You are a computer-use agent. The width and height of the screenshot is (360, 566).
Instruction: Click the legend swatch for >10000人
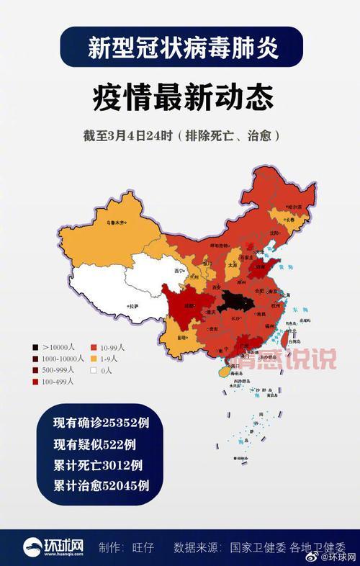pos(36,346)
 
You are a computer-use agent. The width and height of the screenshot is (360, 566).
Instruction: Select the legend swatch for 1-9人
pos(94,358)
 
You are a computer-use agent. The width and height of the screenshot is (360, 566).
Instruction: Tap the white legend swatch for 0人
pos(94,370)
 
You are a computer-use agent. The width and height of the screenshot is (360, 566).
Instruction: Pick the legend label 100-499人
pos(58,382)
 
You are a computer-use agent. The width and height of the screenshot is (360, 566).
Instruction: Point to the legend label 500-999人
pos(58,370)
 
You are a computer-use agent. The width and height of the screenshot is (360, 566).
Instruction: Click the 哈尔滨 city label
pos(294,207)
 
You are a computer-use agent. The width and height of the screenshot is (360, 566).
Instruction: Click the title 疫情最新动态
pos(179,96)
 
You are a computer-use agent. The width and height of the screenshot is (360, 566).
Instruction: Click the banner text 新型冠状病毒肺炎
pos(180,48)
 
